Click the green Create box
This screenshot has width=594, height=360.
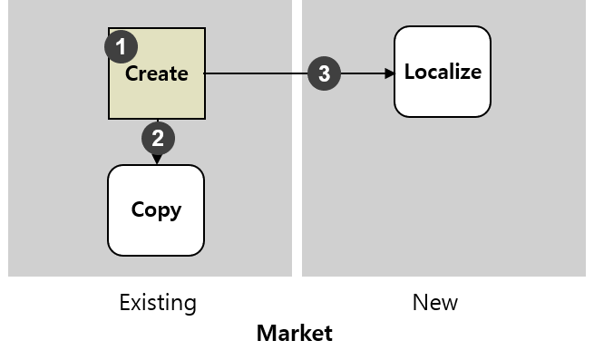click(x=168, y=95)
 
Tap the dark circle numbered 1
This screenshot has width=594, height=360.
click(x=122, y=46)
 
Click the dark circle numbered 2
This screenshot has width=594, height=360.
click(x=158, y=139)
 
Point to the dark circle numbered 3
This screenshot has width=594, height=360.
click(x=325, y=74)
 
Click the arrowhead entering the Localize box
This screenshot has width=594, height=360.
click(x=389, y=74)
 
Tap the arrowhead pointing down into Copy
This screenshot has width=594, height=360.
click(x=157, y=160)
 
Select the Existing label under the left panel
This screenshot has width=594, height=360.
click(x=158, y=302)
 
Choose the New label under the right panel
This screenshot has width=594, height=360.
click(x=435, y=302)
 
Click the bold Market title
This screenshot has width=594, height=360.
click(x=295, y=333)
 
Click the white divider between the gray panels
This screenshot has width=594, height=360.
click(x=297, y=136)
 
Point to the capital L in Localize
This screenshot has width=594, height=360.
click(x=410, y=72)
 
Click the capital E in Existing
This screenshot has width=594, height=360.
click(x=125, y=302)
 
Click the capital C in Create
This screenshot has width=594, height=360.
click(x=132, y=73)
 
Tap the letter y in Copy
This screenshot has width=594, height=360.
click(x=175, y=212)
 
